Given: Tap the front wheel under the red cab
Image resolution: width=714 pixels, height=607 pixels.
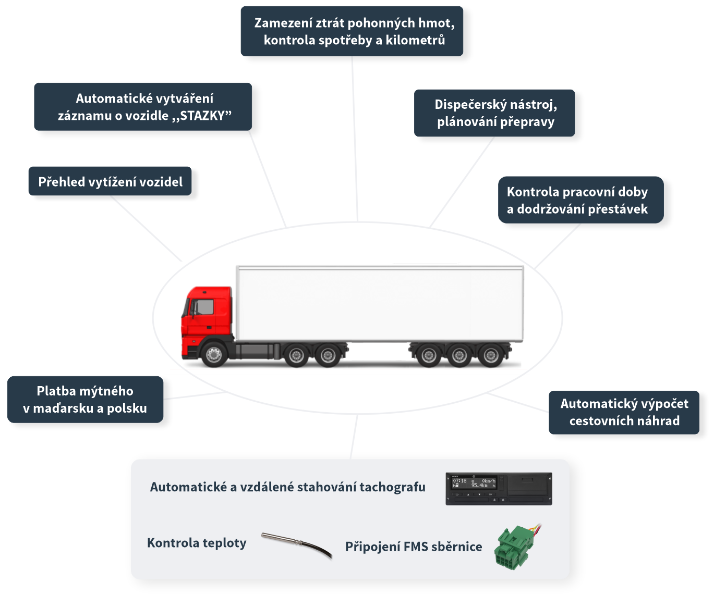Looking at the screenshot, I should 214,355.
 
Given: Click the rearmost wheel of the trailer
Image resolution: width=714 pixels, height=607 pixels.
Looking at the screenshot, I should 491,356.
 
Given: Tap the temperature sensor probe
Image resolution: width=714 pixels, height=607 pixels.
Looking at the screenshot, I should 296,543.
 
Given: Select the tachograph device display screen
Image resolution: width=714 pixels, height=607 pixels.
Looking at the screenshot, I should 474,483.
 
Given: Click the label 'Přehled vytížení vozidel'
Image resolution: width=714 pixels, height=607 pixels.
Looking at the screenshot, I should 111,182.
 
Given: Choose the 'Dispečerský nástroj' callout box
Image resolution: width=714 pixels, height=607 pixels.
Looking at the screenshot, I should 495,113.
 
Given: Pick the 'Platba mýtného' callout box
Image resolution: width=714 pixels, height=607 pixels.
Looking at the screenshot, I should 85,400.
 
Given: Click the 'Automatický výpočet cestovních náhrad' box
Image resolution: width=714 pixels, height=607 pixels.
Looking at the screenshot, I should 624,412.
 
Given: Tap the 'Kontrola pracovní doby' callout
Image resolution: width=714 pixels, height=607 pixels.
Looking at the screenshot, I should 577,201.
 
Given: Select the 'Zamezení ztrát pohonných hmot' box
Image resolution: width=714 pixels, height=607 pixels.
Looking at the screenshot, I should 354,31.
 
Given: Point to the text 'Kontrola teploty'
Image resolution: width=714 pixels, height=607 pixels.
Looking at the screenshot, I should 197,543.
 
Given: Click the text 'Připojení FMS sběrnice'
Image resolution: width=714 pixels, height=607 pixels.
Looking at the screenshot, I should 414,547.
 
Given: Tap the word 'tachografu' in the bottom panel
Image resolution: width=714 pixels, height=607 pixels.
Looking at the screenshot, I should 392,487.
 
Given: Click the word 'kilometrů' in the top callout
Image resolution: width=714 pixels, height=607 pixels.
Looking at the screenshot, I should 415,40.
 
